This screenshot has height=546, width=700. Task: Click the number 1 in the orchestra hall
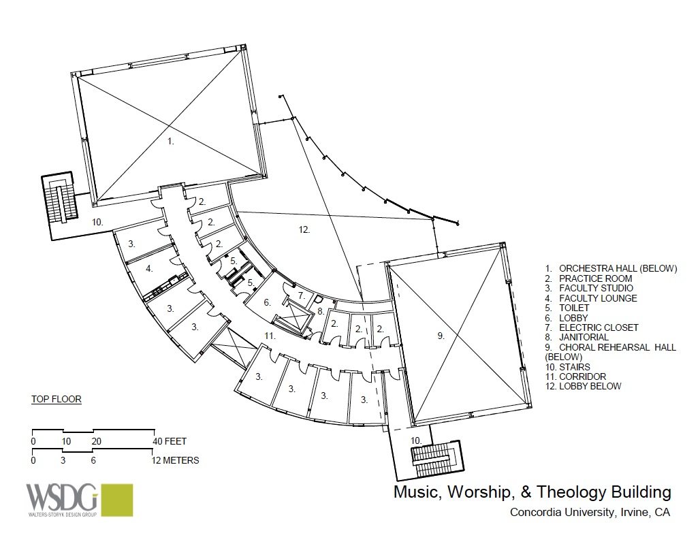(x=170, y=142)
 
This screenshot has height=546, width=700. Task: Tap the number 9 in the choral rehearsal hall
(x=441, y=336)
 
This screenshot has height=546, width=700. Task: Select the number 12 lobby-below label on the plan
(x=304, y=229)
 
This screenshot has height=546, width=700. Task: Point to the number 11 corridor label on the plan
(x=270, y=335)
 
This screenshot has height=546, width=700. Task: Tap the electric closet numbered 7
(x=302, y=295)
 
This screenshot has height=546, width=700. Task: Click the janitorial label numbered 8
(x=321, y=311)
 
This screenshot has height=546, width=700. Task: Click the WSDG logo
(x=80, y=500)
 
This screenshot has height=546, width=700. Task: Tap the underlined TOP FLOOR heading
(x=57, y=399)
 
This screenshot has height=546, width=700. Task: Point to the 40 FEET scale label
(x=170, y=441)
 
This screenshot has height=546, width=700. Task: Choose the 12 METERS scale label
(x=174, y=460)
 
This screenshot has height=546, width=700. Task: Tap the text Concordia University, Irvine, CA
(x=590, y=512)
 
